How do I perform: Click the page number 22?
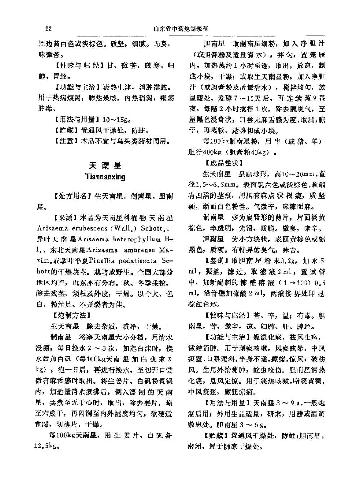coord(49,29)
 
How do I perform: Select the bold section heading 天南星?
coord(105,165)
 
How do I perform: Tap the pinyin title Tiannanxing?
coord(105,177)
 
